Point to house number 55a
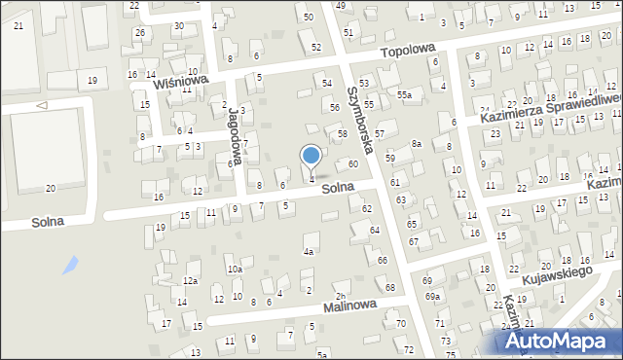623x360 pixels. click(404, 95)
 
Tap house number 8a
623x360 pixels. click(416, 144)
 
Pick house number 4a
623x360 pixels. click(309, 251)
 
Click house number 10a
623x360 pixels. click(235, 270)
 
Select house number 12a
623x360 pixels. click(190, 280)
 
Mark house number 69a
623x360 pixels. click(432, 296)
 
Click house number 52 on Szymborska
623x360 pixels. click(315, 47)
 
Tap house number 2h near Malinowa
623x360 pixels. click(340, 296)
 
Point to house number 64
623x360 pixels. click(375, 230)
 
